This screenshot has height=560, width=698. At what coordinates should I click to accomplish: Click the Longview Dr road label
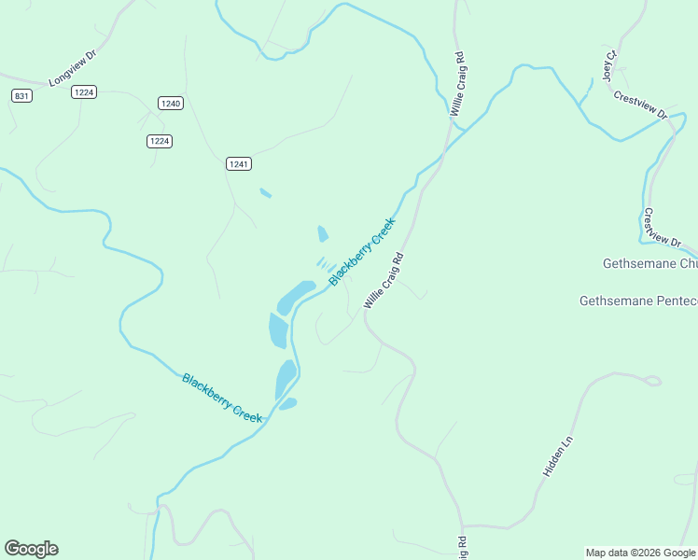coord(73,68)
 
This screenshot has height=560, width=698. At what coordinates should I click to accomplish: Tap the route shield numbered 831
coord(21,96)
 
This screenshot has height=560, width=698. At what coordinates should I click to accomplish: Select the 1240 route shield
coord(169,104)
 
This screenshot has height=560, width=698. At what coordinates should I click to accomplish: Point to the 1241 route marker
coord(238,163)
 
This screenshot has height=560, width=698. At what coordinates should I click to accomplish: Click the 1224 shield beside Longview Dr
coord(85,91)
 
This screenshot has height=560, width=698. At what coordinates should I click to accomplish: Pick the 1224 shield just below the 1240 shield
coord(160,141)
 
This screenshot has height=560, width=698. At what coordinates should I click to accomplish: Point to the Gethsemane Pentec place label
coord(638,301)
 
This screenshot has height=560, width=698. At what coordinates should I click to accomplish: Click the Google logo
coord(31,549)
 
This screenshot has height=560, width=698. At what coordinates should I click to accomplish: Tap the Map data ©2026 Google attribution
coord(640,553)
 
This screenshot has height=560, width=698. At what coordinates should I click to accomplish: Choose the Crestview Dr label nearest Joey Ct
coord(640,105)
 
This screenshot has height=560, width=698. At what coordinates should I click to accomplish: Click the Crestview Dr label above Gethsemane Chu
coord(663,227)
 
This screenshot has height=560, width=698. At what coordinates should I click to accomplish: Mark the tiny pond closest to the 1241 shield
coord(266,193)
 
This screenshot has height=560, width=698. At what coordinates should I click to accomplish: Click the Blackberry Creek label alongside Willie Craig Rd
coord(362,251)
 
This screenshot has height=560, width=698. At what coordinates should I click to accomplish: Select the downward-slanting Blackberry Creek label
coord(222,398)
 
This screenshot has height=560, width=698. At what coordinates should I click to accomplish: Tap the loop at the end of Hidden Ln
coord(651,381)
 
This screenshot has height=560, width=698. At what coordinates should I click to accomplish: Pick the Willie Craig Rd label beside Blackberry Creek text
coord(384,280)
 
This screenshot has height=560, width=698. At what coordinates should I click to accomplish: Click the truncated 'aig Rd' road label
coord(462,549)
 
